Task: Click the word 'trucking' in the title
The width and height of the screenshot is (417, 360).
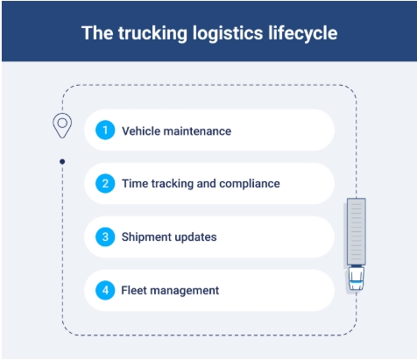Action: pos(152,33)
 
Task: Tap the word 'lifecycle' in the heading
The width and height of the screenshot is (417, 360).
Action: pos(303,33)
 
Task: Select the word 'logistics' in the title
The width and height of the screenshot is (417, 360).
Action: pos(228,33)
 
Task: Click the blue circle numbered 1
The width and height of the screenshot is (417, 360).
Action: pos(105,130)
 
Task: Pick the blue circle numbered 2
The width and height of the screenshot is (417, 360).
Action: pos(105,183)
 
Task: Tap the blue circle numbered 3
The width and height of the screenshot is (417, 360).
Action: pos(105,236)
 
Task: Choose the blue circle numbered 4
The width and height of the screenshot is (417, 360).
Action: pos(105,290)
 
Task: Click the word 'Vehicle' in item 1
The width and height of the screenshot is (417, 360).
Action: pos(141,131)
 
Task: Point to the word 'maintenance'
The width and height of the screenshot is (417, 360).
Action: pos(197,131)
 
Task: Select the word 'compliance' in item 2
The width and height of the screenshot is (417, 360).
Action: pos(250,184)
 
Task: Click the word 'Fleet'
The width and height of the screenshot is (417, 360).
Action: pos(134,291)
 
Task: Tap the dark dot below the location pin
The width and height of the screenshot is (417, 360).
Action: pos(62,161)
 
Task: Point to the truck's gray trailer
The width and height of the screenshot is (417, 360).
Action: pos(357,231)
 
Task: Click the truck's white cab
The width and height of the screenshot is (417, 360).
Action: pos(357,279)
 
